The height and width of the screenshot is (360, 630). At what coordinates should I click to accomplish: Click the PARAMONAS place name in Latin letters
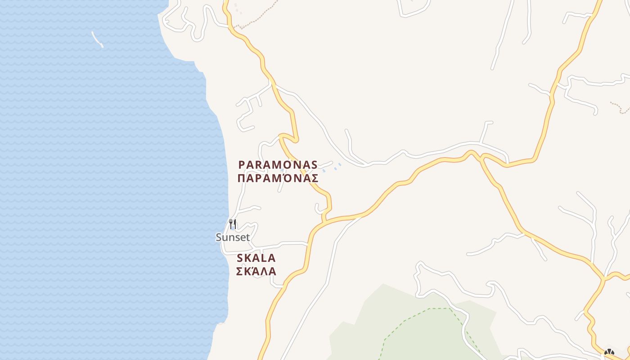(278, 165)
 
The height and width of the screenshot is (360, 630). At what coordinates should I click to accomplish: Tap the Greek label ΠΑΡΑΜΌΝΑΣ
(278, 178)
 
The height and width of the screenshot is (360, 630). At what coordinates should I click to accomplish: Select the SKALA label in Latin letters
(256, 258)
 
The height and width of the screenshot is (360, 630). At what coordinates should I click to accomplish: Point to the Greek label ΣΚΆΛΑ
(256, 271)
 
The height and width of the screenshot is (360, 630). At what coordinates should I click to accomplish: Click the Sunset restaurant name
(233, 237)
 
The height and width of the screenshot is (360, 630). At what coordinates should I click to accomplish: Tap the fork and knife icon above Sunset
(233, 224)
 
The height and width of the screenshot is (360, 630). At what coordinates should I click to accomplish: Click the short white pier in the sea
(97, 40)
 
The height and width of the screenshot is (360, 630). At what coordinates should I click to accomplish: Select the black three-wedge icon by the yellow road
(609, 352)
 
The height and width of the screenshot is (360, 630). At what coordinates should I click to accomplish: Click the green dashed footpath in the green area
(405, 320)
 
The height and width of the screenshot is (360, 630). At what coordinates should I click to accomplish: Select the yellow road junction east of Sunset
(324, 221)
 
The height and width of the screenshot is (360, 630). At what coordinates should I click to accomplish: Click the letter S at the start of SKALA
(240, 258)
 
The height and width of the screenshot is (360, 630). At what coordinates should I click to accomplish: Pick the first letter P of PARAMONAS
(242, 165)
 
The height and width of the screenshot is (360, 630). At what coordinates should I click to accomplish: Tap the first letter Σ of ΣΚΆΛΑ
(239, 271)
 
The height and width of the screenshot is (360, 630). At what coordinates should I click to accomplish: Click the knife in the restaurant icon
(234, 224)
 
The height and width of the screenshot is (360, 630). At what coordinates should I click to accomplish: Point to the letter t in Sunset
(247, 237)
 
